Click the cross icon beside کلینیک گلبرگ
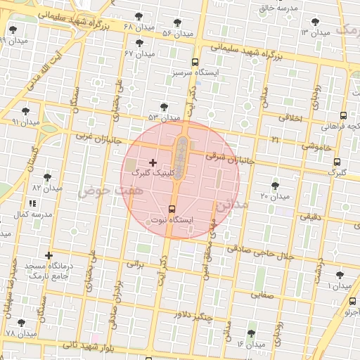pos(153,162)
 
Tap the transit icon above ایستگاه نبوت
pos(172,209)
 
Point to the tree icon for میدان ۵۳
pos(165,107)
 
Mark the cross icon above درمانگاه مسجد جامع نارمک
pos(49,255)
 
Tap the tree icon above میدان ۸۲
pos(47,177)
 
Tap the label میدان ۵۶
pos(178,33)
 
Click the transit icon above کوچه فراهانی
pos(343,116)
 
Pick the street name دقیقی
pos(310,217)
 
